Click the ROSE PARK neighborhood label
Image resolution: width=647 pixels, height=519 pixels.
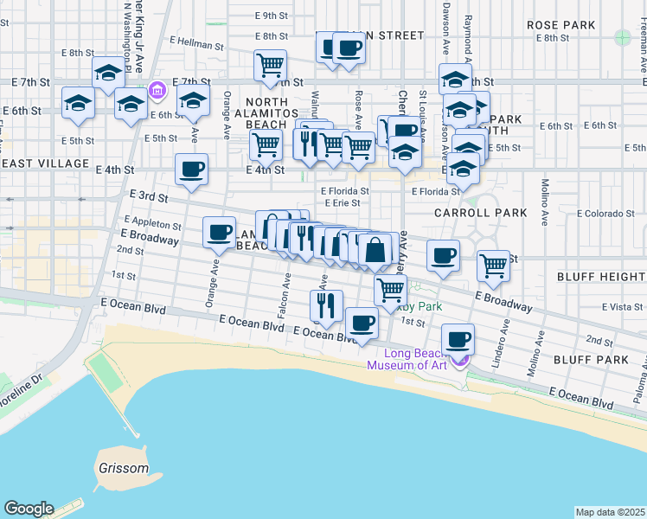pyautogui.click(x=561, y=25)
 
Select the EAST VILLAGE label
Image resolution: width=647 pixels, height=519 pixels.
pyautogui.click(x=45, y=163)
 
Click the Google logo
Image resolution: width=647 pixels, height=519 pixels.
pyautogui.click(x=29, y=509)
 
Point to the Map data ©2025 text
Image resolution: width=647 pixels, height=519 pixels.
pyautogui.click(x=610, y=512)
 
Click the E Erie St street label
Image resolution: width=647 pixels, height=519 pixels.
pyautogui.click(x=343, y=203)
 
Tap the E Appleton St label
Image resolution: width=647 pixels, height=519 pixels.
pyautogui.click(x=153, y=222)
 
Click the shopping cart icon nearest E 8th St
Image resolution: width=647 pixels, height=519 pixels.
pyautogui.click(x=271, y=63)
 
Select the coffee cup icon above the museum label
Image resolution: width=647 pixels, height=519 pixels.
pyautogui.click(x=457, y=337)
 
